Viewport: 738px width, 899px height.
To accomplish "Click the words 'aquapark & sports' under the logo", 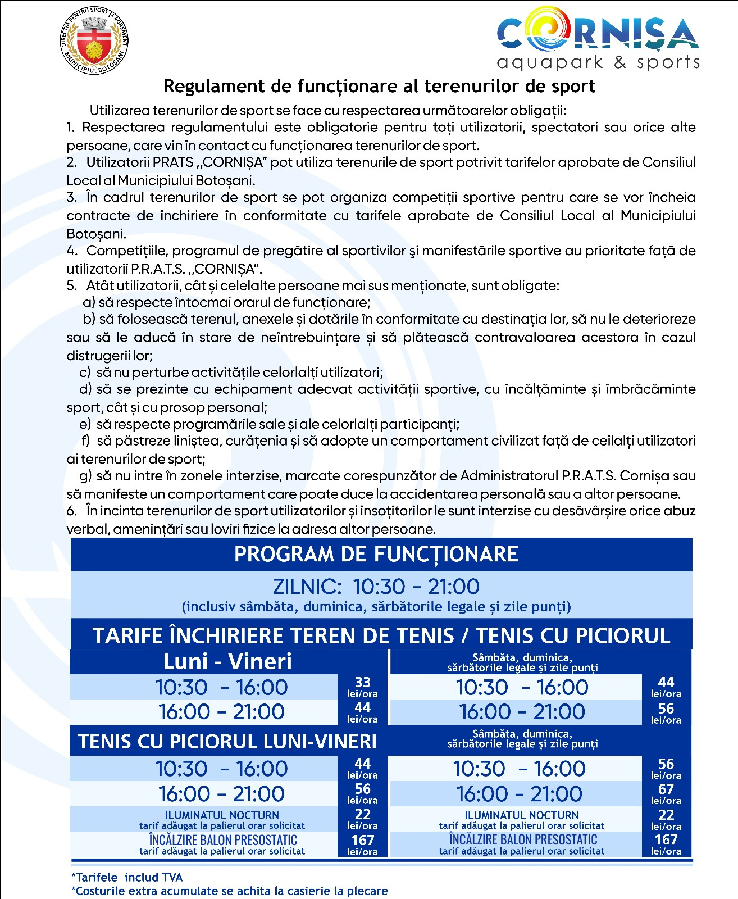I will coord(598,62).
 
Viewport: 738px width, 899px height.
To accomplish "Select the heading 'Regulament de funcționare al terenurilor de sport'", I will coord(379,86).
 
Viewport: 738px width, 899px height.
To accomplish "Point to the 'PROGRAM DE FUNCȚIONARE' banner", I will coord(376,554).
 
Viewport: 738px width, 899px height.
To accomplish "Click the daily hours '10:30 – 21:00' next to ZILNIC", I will coord(416,587).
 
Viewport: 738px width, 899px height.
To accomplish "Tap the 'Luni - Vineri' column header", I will coord(227,661).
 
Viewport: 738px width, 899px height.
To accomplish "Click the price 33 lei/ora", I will coord(362,687).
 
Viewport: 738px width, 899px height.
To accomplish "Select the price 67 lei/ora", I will coord(666,794).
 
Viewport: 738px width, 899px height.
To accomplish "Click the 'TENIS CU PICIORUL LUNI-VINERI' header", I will coord(227,742).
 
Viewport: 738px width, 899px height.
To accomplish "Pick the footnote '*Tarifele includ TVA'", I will coord(127,877).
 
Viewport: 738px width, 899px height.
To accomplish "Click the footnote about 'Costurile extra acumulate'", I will coord(229,891).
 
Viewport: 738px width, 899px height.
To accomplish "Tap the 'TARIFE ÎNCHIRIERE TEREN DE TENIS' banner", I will coord(381,635).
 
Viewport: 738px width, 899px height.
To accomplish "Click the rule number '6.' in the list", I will coord(71,511).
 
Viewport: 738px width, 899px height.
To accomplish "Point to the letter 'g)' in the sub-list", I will coord(85,476).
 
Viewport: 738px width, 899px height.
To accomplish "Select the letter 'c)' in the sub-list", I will coord(85,372).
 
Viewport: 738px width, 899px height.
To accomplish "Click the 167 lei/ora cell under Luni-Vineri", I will coord(362,844).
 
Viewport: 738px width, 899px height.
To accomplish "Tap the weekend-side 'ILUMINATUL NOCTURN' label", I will coord(521,815).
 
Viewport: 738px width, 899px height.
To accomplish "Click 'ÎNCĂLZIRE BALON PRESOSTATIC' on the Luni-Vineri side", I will coord(222,840).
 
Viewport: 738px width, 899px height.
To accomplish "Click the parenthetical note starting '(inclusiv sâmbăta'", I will coord(376,607).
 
